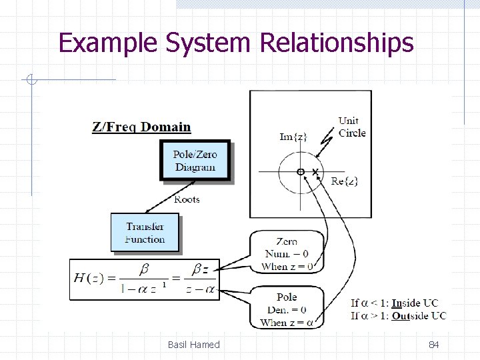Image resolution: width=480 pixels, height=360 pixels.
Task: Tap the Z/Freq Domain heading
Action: click(x=141, y=127)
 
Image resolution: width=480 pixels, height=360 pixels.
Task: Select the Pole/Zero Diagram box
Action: click(x=195, y=161)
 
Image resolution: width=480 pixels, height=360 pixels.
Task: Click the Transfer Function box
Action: click(x=145, y=233)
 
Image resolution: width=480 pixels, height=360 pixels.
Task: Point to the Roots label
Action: click(x=187, y=199)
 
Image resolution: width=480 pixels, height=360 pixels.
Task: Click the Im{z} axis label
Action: click(x=293, y=137)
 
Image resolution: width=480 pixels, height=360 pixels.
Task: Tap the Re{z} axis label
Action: click(x=345, y=181)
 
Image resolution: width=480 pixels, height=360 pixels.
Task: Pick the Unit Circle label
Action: click(x=351, y=127)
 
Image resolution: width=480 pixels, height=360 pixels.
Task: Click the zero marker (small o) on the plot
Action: click(x=301, y=172)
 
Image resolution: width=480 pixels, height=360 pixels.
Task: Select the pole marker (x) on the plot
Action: click(x=315, y=172)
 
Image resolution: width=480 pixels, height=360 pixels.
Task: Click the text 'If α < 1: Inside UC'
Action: click(x=398, y=303)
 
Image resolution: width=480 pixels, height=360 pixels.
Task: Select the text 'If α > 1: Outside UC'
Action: click(x=398, y=315)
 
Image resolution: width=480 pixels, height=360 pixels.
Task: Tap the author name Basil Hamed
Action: click(x=194, y=345)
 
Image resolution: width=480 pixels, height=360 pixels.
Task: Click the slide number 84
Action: click(x=433, y=345)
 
